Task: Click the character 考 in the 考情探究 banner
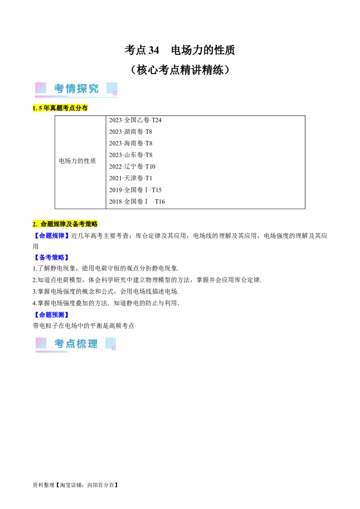click(x=59, y=89)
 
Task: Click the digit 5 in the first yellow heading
click(x=40, y=108)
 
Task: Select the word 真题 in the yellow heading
click(x=56, y=108)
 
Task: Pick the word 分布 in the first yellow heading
click(x=81, y=108)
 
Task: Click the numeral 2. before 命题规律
click(x=35, y=224)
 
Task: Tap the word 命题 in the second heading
click(x=47, y=224)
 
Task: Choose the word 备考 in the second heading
click(x=79, y=224)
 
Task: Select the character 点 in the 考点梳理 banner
click(x=70, y=344)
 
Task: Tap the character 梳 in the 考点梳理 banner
click(x=82, y=344)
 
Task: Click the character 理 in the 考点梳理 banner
click(x=93, y=344)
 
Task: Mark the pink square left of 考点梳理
click(x=41, y=343)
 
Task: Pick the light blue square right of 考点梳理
click(x=110, y=343)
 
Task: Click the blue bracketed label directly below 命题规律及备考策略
click(x=51, y=235)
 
